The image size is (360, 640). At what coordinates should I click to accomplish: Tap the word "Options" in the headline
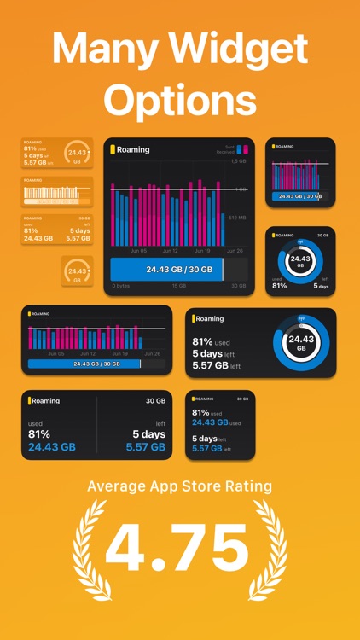tap(180, 102)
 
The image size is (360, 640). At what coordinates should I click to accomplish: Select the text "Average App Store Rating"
tap(180, 486)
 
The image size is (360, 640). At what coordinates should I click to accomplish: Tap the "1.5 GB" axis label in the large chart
tap(239, 162)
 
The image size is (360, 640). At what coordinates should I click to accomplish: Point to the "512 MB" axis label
tap(237, 217)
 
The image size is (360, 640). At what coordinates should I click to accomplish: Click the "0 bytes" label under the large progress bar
tap(122, 286)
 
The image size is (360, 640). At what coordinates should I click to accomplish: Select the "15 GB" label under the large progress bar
tap(180, 286)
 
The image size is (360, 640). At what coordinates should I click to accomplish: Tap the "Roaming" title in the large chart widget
tap(133, 150)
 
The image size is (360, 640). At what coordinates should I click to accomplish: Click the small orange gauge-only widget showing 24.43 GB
tap(78, 271)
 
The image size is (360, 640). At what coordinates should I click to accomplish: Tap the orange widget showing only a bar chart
tap(57, 192)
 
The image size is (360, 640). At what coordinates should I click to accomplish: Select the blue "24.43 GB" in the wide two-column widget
tap(52, 446)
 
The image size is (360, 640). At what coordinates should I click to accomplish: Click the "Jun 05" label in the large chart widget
tap(138, 252)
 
